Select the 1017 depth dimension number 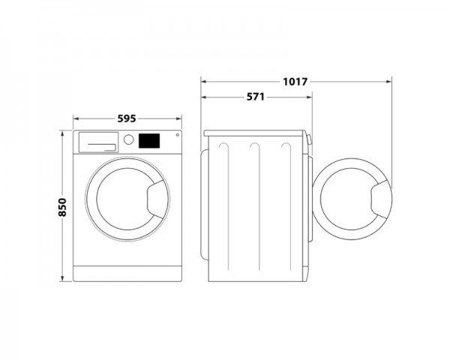pyautogui.click(x=295, y=81)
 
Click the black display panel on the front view pyautogui.click(x=150, y=140)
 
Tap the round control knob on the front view pyautogui.click(x=128, y=140)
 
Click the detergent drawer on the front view pyautogui.click(x=98, y=141)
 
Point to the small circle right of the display pyautogui.click(x=177, y=136)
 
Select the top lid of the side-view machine pyautogui.click(x=256, y=133)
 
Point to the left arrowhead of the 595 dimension pyautogui.click(x=75, y=118)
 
